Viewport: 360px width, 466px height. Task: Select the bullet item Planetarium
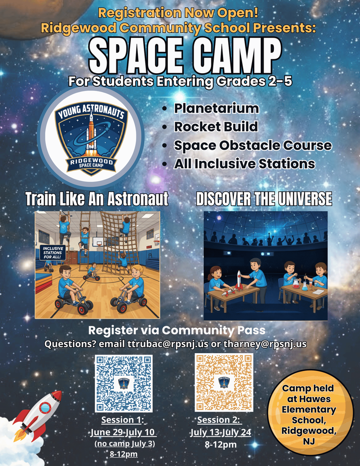(216, 109)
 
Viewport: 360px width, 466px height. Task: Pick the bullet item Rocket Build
(216, 127)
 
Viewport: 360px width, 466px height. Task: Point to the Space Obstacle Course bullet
(252, 145)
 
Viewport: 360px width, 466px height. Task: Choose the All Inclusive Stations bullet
(244, 164)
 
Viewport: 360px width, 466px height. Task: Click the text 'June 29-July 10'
(123, 432)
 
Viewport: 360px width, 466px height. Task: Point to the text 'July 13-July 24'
(220, 432)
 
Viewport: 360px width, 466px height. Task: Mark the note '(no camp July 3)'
(124, 443)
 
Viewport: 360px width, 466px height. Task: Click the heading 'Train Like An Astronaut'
(96, 199)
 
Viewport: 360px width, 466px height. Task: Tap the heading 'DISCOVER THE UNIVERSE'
(264, 199)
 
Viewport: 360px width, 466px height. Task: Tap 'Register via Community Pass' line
(177, 330)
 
